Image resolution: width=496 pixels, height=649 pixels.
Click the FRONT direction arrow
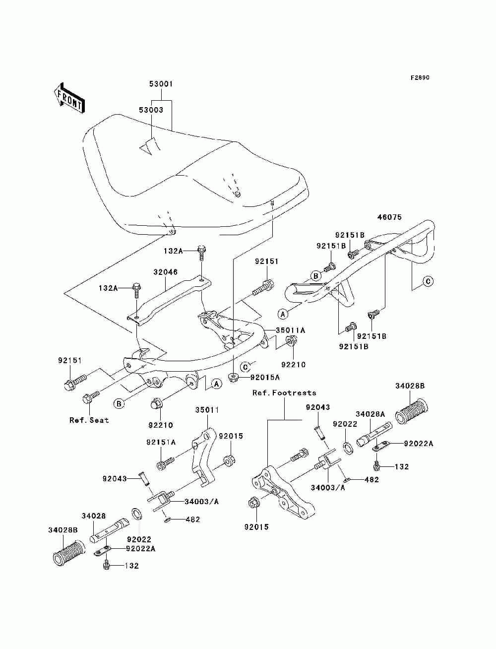[x=69, y=98]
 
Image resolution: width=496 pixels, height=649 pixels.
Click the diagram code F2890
[x=420, y=78]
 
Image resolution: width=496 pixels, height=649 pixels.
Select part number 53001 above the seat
[x=161, y=84]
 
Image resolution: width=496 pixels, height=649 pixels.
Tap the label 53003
[x=151, y=110]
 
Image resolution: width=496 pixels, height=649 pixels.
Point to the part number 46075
[x=389, y=217]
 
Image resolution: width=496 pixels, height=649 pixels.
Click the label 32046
[x=165, y=272]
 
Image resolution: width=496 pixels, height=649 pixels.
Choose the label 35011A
[x=290, y=330]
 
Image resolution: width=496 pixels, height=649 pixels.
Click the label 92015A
[x=265, y=378]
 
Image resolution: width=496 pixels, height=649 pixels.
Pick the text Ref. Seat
[x=89, y=420]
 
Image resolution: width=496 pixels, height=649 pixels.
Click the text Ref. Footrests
[x=284, y=393]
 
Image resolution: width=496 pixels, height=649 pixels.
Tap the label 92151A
[x=161, y=442]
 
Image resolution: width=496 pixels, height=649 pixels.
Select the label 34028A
[x=370, y=414]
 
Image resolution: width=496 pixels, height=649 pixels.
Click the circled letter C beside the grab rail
[x=428, y=281]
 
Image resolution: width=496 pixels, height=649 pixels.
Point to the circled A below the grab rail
[x=283, y=314]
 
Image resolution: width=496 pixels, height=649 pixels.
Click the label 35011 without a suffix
[x=207, y=410]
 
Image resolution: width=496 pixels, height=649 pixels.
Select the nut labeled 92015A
[x=234, y=378]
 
